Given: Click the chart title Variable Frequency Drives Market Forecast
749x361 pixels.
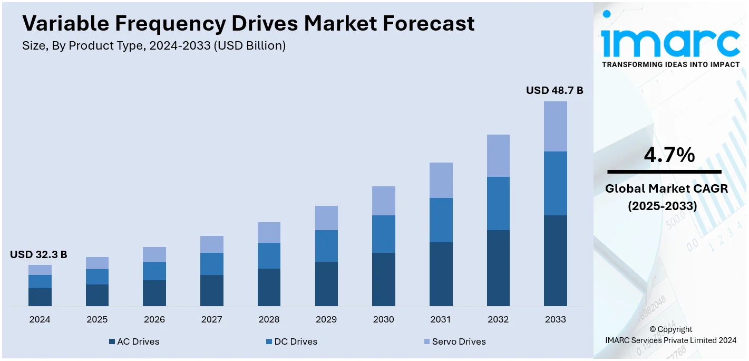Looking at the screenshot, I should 248,24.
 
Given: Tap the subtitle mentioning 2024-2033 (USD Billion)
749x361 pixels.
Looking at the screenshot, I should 154,46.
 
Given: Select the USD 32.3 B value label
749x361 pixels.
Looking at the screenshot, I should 38,255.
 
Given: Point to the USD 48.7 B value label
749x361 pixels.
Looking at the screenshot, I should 555,91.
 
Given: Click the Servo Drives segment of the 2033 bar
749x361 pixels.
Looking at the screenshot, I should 555,126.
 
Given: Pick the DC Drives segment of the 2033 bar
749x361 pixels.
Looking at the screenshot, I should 555,183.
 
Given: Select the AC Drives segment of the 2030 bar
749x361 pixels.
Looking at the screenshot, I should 383,279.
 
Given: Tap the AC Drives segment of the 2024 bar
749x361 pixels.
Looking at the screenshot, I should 40,297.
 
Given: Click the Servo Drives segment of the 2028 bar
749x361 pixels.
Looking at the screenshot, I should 269,232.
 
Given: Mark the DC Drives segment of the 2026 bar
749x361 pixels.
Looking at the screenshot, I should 154,271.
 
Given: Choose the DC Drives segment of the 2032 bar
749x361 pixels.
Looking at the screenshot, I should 498,203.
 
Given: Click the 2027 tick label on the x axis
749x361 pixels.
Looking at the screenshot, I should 211,319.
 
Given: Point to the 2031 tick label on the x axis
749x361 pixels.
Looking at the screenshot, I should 441,319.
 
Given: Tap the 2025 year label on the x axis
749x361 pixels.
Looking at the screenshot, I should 97,319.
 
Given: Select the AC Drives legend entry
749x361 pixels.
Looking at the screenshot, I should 134,341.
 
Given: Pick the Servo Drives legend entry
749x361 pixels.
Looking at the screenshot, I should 454,341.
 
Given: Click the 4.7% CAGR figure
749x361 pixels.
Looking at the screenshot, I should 669,155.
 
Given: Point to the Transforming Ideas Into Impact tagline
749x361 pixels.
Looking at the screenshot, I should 670,64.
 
